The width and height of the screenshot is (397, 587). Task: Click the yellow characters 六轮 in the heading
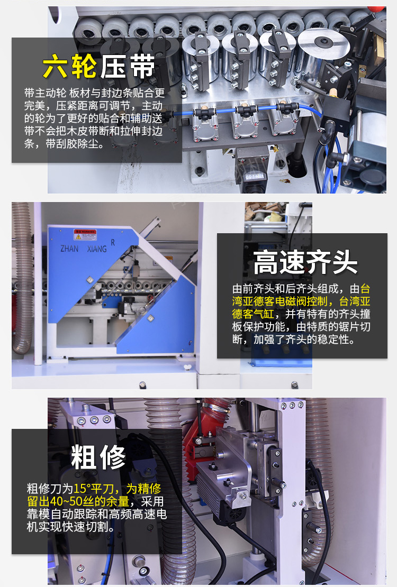[69, 66]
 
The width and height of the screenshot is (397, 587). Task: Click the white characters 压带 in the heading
[127, 66]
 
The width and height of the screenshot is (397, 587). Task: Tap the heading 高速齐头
[305, 262]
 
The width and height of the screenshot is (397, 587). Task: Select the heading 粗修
[98, 457]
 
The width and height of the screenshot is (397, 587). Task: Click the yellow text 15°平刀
[93, 489]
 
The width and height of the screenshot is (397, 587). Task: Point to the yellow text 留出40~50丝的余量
[78, 501]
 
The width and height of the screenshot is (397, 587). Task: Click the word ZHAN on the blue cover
[69, 249]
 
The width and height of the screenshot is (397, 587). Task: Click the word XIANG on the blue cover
[97, 249]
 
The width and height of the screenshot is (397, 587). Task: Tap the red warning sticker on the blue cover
[85, 235]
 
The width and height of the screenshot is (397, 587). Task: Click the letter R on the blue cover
[113, 243]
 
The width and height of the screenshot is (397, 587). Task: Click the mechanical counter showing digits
[254, 176]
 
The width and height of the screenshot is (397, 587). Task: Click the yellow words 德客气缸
[253, 314]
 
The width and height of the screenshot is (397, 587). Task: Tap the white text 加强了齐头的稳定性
[304, 340]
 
